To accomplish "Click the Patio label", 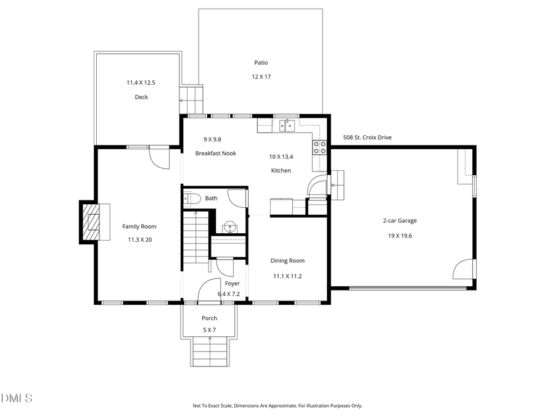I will pyautogui.click(x=261, y=62).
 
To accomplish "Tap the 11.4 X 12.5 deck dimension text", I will pyautogui.click(x=141, y=83).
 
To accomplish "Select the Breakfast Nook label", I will pyautogui.click(x=215, y=153).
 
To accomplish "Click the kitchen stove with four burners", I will pyautogui.click(x=320, y=147).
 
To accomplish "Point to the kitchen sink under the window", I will pyautogui.click(x=286, y=126).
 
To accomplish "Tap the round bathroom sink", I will pyautogui.click(x=229, y=226).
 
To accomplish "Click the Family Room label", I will pyautogui.click(x=139, y=226).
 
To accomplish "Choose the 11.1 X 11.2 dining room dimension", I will pyautogui.click(x=287, y=276).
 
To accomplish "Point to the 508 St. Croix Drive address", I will pyautogui.click(x=367, y=138).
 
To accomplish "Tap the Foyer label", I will pyautogui.click(x=232, y=283).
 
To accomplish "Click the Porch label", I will pyautogui.click(x=209, y=318).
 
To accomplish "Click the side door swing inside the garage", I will pyautogui.click(x=464, y=270).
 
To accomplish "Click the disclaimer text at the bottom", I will pyautogui.click(x=277, y=406).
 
